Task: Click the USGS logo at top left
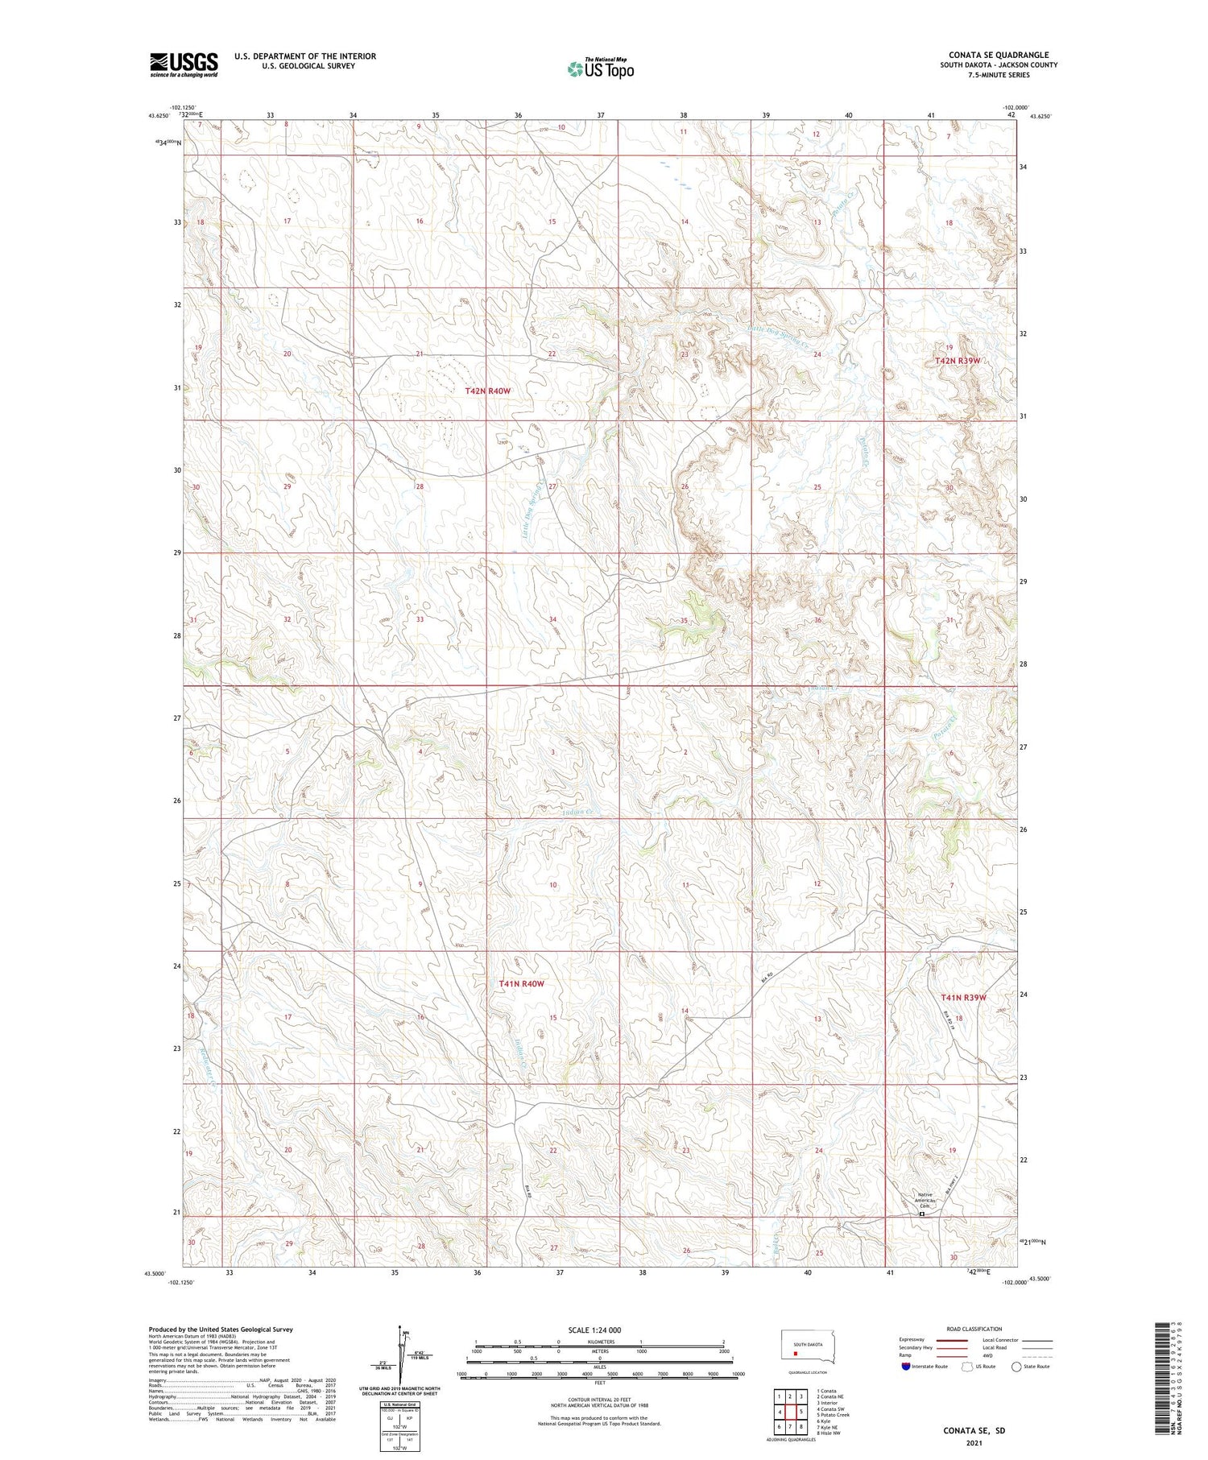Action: (184, 64)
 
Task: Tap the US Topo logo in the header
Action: (600, 69)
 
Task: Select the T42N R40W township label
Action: (488, 391)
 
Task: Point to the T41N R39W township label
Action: (963, 998)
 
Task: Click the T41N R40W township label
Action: (521, 984)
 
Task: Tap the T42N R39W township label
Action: (958, 361)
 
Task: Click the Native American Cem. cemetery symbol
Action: (922, 1214)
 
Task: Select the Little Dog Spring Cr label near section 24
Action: (777, 339)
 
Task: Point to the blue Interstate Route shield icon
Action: (906, 1367)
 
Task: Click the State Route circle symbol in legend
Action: (1016, 1367)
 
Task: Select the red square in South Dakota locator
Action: (795, 1354)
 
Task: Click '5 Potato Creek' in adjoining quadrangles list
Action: (833, 1414)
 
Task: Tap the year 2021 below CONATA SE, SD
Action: (974, 1441)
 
